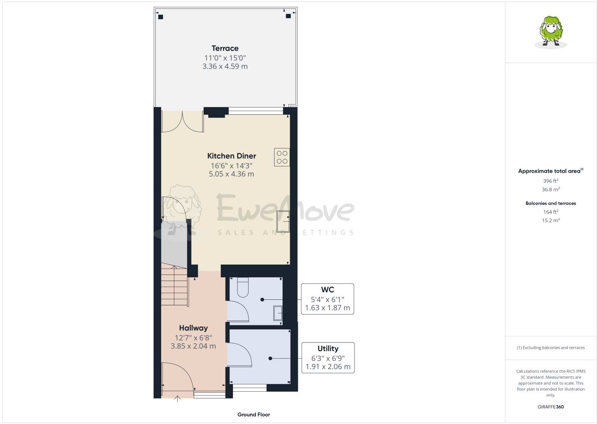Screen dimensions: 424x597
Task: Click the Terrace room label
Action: pyautogui.click(x=225, y=48)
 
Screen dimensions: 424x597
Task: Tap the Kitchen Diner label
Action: pyautogui.click(x=231, y=156)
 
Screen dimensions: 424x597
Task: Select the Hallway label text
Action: pyautogui.click(x=193, y=328)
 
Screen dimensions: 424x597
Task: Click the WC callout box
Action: pyautogui.click(x=327, y=299)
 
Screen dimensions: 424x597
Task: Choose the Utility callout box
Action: pyautogui.click(x=328, y=358)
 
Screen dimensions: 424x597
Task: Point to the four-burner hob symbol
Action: pyautogui.click(x=282, y=157)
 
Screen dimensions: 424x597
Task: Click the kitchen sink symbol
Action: pyautogui.click(x=283, y=221)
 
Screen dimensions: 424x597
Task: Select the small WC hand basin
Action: pyautogui.click(x=278, y=313)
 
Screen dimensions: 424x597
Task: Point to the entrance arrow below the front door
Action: pyautogui.click(x=178, y=398)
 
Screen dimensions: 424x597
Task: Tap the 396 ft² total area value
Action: pyautogui.click(x=551, y=181)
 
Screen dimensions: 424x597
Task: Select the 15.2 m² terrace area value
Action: pyautogui.click(x=551, y=220)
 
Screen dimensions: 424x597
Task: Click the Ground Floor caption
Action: pyautogui.click(x=253, y=414)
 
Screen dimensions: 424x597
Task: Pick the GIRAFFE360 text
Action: pyautogui.click(x=551, y=407)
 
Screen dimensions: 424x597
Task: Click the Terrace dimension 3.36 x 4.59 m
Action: pyautogui.click(x=225, y=66)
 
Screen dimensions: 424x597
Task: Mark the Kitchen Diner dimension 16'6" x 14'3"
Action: pyautogui.click(x=231, y=165)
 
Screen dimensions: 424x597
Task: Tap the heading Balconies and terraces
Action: pyautogui.click(x=551, y=203)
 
